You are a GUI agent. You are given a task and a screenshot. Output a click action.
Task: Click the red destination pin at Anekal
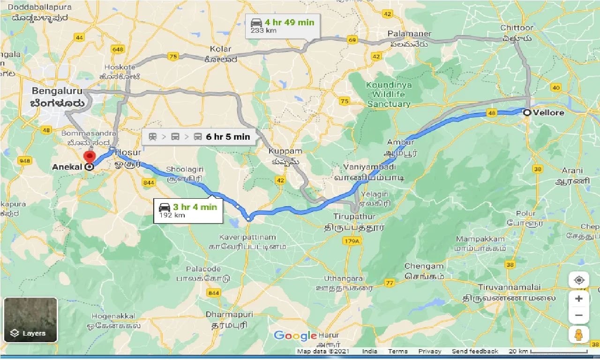[x=89, y=157]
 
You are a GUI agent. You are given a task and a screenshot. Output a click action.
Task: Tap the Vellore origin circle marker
[x=527, y=112]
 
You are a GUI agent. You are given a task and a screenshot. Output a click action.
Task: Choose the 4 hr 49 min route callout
[x=283, y=26]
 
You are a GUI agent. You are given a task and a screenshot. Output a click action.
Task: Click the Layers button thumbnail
[x=30, y=320]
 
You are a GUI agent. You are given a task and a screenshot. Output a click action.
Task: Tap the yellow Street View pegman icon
[x=579, y=334]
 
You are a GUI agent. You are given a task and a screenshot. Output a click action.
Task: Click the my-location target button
[x=579, y=280]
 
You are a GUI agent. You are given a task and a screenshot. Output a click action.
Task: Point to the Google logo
[x=295, y=336]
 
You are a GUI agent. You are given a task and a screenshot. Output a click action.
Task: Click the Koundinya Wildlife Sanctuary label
[x=389, y=95]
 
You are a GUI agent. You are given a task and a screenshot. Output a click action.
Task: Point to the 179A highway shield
[x=350, y=241]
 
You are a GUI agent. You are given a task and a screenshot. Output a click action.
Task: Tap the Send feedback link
[x=475, y=351]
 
